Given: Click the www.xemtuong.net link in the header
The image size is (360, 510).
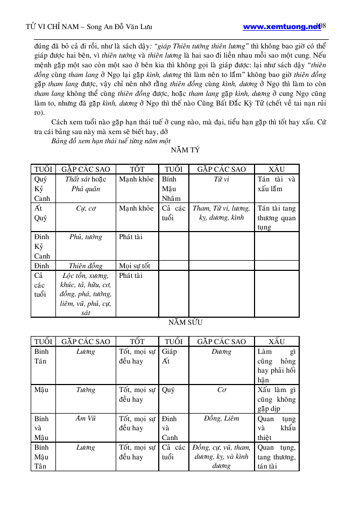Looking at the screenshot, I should (x=281, y=26).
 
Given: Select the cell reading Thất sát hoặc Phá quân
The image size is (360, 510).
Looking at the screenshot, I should (x=86, y=184).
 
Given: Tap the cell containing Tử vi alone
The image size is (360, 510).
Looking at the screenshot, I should (x=221, y=179).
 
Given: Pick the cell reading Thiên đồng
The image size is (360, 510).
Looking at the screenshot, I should (x=86, y=266).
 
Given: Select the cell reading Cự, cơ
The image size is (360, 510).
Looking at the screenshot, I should (x=86, y=208).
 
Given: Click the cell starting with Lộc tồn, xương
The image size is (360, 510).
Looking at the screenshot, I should (x=86, y=294).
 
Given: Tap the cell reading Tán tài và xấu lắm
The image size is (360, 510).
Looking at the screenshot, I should (x=277, y=184).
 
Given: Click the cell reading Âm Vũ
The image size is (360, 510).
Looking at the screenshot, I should (x=86, y=418).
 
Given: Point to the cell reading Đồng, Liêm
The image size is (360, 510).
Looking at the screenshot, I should (x=221, y=418).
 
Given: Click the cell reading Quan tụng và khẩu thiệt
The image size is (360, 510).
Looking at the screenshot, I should (x=277, y=428).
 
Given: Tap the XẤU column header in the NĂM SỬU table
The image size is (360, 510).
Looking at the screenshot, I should (x=277, y=341).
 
